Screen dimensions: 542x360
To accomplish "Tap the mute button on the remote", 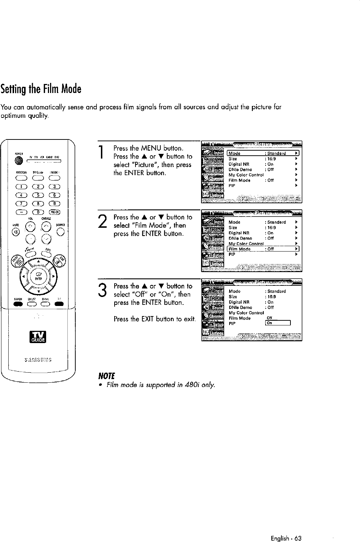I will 15,231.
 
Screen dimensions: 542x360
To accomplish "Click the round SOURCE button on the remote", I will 62,231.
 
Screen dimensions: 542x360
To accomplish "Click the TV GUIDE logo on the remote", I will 38,337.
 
